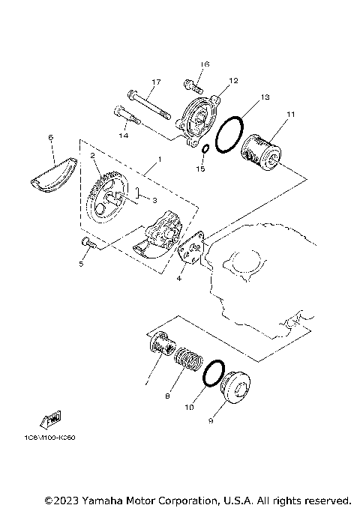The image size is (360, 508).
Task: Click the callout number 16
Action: click(205, 65)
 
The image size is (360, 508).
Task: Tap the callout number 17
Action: click(157, 82)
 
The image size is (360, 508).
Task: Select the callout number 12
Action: click(233, 80)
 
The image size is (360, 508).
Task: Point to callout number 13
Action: click(265, 97)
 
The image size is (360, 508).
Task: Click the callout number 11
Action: click(291, 114)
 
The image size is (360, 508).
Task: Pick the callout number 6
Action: click(50, 138)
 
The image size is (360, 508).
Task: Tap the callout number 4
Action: click(179, 279)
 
